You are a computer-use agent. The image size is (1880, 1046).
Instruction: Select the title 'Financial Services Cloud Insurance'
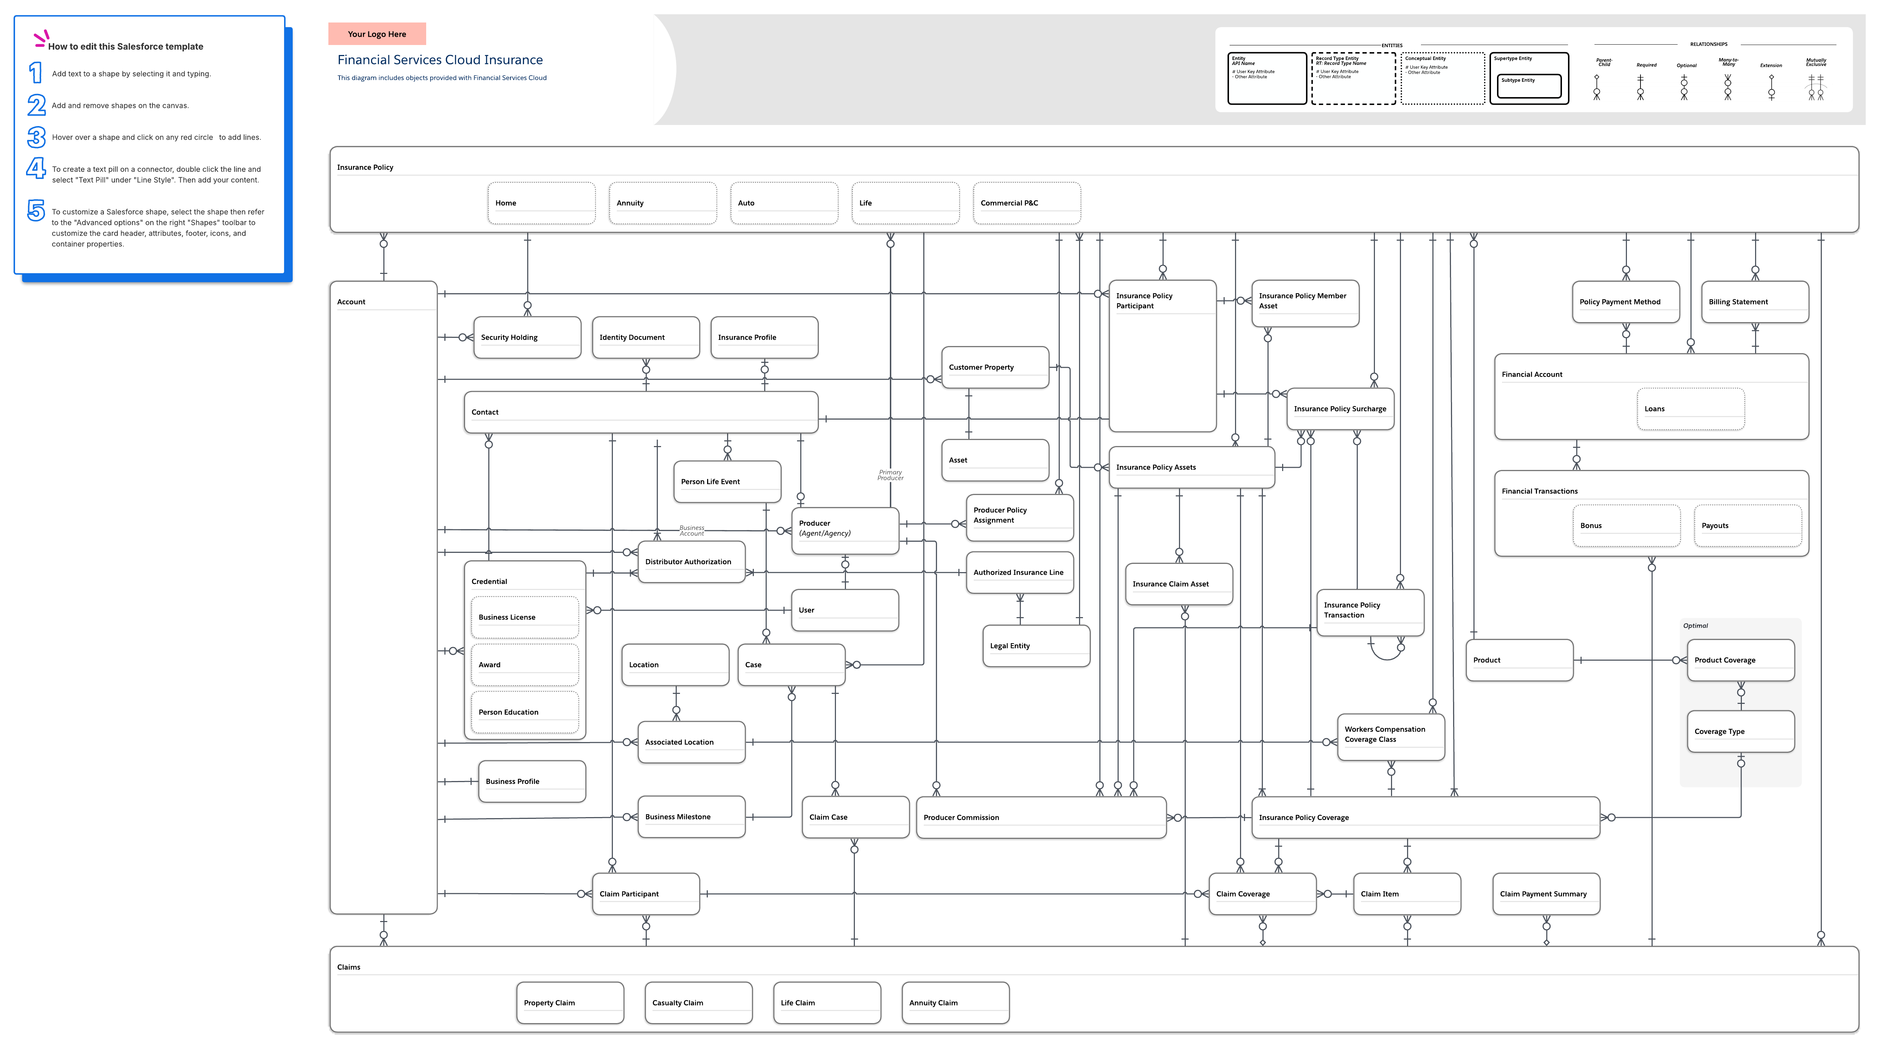pos(439,60)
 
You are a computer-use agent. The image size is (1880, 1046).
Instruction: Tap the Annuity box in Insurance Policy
pos(662,203)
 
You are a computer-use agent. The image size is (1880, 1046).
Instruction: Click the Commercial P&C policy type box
pos(1026,203)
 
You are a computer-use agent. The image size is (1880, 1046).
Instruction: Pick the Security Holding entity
pos(527,337)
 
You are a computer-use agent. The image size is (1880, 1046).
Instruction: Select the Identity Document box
pos(645,337)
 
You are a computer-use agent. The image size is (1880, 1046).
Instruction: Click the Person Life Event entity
pos(727,482)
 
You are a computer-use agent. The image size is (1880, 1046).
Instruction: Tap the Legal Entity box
pos(1035,646)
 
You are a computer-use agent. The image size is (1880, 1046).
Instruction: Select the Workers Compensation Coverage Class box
pos(1390,734)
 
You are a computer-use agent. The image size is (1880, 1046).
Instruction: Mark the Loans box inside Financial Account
pos(1690,409)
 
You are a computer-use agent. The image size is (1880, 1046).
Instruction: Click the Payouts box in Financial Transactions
pos(1747,526)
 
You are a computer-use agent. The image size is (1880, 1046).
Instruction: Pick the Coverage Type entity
pos(1740,731)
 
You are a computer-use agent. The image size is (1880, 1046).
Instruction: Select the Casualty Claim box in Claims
pos(698,1003)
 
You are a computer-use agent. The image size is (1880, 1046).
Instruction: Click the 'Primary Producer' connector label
pos(890,475)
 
